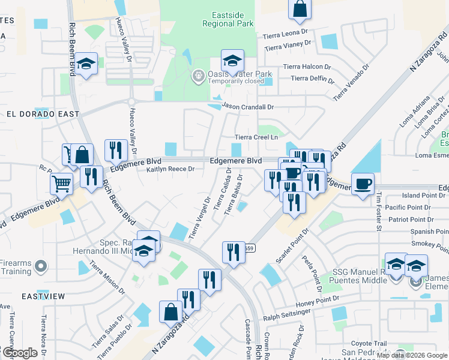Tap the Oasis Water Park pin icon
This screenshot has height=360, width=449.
pos(197,76)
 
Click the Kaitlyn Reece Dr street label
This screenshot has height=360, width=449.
pos(171,170)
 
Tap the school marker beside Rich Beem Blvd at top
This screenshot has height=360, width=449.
pos(86,64)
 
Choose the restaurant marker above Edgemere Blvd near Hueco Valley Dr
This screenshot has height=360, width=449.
pos(115,150)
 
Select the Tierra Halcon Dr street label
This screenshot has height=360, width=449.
pos(310,67)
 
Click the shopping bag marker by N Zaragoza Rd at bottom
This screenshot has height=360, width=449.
pos(170,311)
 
